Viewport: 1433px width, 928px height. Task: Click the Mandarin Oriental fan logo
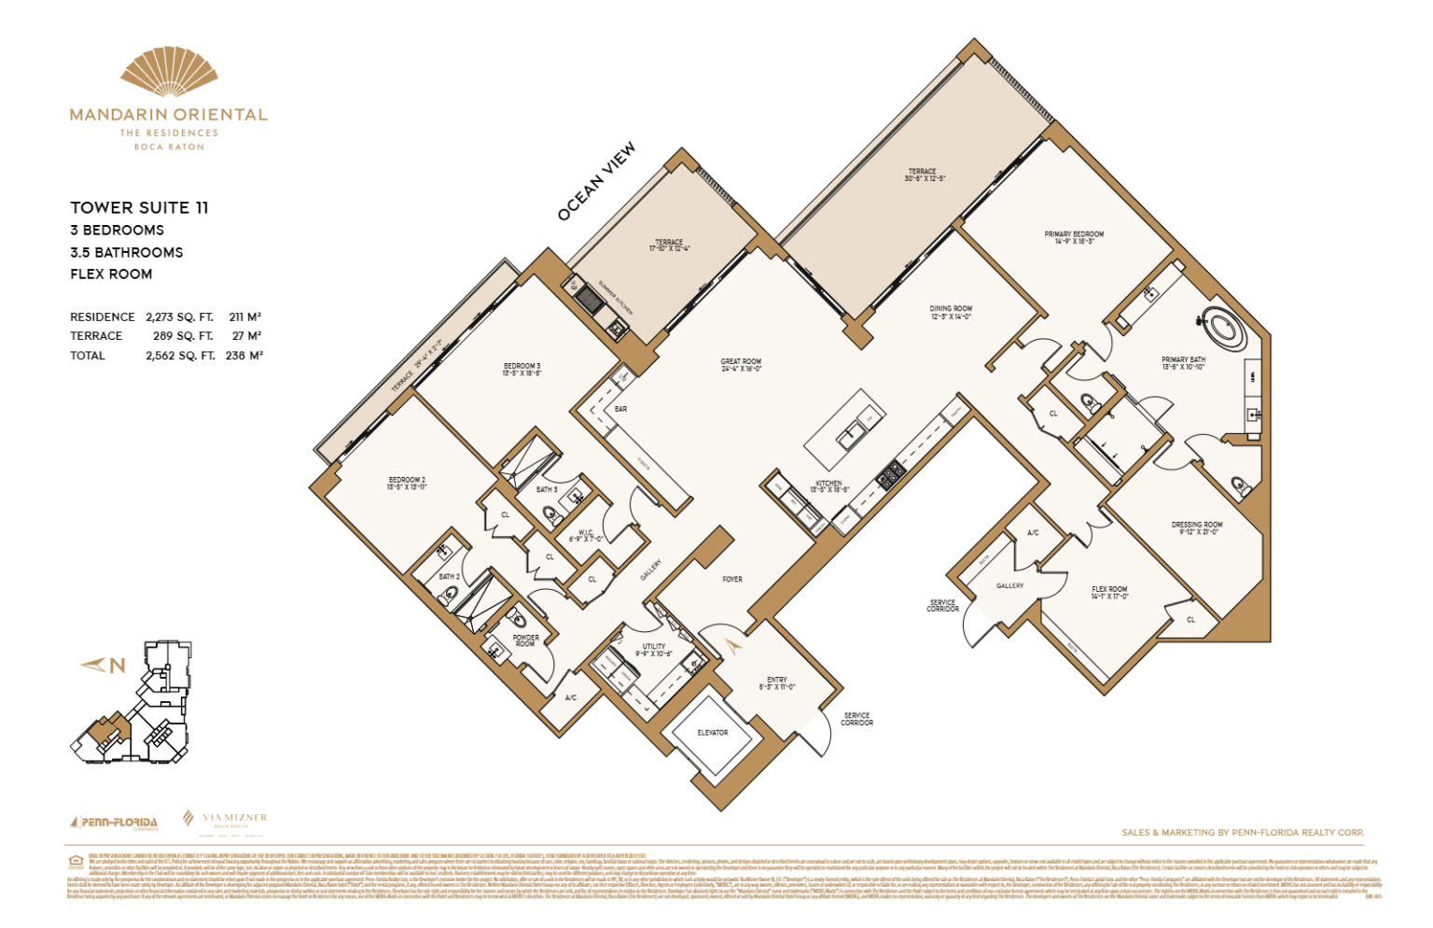[169, 72]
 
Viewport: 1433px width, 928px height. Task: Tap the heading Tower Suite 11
[139, 207]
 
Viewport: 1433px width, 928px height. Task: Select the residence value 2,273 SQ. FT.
[179, 317]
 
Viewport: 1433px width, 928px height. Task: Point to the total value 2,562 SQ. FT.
[179, 356]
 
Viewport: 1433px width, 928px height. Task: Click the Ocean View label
[596, 181]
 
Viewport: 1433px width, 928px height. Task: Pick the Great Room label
[741, 364]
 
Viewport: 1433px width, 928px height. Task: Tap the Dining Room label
[951, 312]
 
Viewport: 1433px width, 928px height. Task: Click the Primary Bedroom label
[1074, 237]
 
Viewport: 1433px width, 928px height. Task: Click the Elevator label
[713, 733]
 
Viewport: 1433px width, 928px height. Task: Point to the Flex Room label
[1109, 593]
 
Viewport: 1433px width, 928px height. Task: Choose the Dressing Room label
[1197, 528]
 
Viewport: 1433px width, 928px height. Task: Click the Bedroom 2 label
[407, 483]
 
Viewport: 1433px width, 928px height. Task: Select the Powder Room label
[525, 641]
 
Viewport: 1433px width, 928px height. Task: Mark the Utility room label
[654, 650]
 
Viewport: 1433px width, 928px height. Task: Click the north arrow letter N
[117, 666]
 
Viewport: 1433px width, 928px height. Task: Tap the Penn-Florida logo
[114, 823]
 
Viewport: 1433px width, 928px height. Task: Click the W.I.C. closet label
[585, 535]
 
